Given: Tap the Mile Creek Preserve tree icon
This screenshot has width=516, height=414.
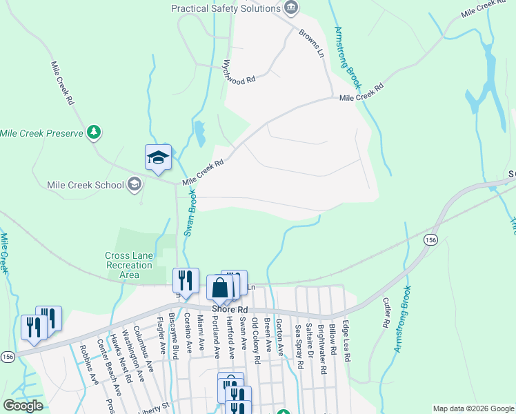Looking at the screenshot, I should point(94,132).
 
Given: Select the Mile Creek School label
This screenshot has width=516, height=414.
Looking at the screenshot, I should point(86,185).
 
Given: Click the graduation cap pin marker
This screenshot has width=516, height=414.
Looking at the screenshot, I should point(158,157).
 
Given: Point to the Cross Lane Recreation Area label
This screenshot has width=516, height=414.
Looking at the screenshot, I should point(128,265).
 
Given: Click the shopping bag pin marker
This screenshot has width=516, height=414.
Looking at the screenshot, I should point(219,287).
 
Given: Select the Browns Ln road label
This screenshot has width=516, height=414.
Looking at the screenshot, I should point(311,43).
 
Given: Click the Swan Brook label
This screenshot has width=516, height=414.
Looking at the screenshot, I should point(190,214).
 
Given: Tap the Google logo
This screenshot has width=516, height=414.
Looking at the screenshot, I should point(22,406).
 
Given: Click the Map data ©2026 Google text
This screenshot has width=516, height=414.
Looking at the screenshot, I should point(473,408).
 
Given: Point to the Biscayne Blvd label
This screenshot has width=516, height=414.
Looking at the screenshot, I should point(175,335).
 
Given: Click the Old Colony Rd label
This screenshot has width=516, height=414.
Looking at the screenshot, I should point(256,340).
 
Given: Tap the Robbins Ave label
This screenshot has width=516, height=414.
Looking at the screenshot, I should point(89,359).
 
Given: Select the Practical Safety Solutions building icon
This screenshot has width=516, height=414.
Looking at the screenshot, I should point(291,8).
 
